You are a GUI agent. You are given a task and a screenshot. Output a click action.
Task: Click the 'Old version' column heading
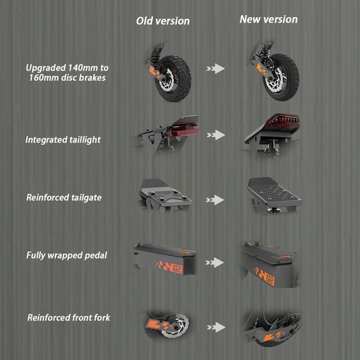point(163,21)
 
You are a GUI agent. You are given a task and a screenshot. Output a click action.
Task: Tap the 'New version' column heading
point(269,19)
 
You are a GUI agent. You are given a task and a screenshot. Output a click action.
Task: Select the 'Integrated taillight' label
point(63,140)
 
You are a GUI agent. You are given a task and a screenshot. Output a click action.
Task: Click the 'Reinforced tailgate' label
point(64,197)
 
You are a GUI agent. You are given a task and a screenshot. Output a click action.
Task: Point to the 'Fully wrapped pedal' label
point(67,256)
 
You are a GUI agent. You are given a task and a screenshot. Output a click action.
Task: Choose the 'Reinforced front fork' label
point(69,317)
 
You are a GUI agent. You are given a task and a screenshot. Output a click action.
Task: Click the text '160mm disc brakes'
point(67,77)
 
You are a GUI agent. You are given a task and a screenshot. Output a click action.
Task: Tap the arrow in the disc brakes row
point(215,69)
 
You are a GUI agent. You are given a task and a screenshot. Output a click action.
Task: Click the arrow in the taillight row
point(215,135)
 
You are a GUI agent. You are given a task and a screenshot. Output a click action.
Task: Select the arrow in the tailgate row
point(215,200)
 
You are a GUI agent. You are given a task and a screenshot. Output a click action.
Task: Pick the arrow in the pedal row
point(215,263)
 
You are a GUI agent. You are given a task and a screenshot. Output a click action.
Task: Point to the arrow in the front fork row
point(216,327)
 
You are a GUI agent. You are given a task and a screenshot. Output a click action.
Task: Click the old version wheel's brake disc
point(167,80)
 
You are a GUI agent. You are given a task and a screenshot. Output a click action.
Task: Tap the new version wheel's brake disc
point(274,80)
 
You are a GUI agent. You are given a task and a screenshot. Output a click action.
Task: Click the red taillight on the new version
point(284,120)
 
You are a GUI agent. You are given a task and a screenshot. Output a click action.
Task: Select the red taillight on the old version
point(182,132)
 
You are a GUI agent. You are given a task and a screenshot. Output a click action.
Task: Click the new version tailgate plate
point(274,191)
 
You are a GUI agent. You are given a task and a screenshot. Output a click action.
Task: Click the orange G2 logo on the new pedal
point(264,276)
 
